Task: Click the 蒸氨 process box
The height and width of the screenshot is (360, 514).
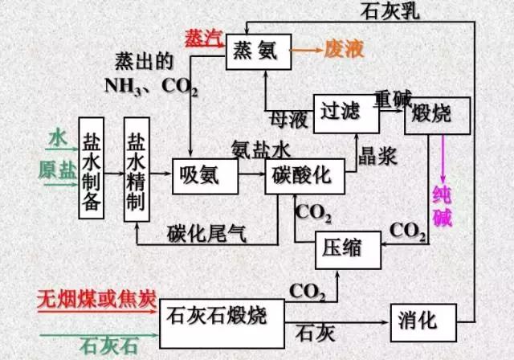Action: coord(257,49)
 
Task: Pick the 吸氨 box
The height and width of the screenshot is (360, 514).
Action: coord(205,175)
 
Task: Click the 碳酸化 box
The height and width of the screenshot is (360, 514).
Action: coord(304,175)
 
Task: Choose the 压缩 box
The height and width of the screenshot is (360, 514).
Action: coord(349,248)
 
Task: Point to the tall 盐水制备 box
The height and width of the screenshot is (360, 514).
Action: coord(92,170)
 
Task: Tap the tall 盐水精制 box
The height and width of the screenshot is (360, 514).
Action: coord(137,170)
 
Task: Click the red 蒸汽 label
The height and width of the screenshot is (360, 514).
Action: coord(200,39)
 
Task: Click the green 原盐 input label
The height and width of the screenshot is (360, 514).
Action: coord(54,170)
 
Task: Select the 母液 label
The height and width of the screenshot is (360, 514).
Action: coord(293,117)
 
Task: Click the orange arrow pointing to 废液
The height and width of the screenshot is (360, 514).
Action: coord(304,49)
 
